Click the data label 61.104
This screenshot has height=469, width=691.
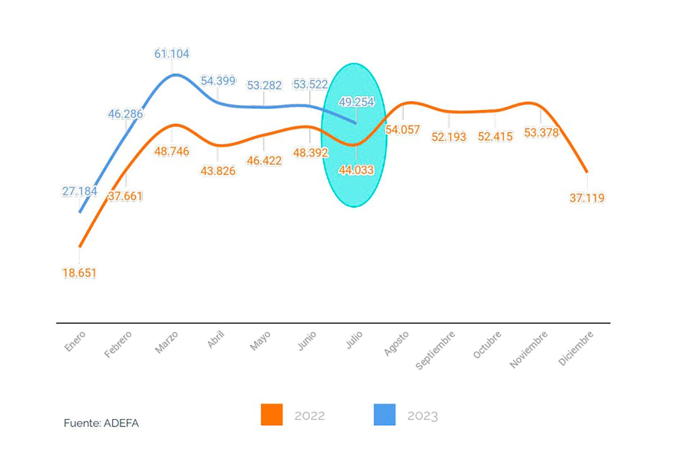pos(172,54)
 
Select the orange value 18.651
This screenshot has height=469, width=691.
pos(79,273)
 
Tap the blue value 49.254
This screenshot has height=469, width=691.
pos(356,102)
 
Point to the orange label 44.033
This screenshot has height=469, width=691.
pos(356,170)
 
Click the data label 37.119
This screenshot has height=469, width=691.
pos(587,198)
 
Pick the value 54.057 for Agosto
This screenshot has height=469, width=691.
pos(402,129)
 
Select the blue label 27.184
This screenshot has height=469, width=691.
pos(80,191)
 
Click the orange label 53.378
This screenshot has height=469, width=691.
pos(541,133)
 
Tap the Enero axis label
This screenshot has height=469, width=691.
pos(75,341)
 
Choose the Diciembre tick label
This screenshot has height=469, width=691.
pos(575,348)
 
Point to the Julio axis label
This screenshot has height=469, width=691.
pos(354,340)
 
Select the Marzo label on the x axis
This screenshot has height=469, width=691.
pos(166,342)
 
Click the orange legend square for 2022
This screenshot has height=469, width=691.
pos(272,415)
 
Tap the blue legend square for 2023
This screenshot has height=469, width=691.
pos(384,415)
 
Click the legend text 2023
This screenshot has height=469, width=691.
pos(423,416)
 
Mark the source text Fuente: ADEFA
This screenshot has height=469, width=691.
pos(101,423)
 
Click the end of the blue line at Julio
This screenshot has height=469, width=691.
pos(356,123)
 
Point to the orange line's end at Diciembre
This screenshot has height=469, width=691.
pos(587,172)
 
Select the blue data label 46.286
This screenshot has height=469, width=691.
pos(125,114)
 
